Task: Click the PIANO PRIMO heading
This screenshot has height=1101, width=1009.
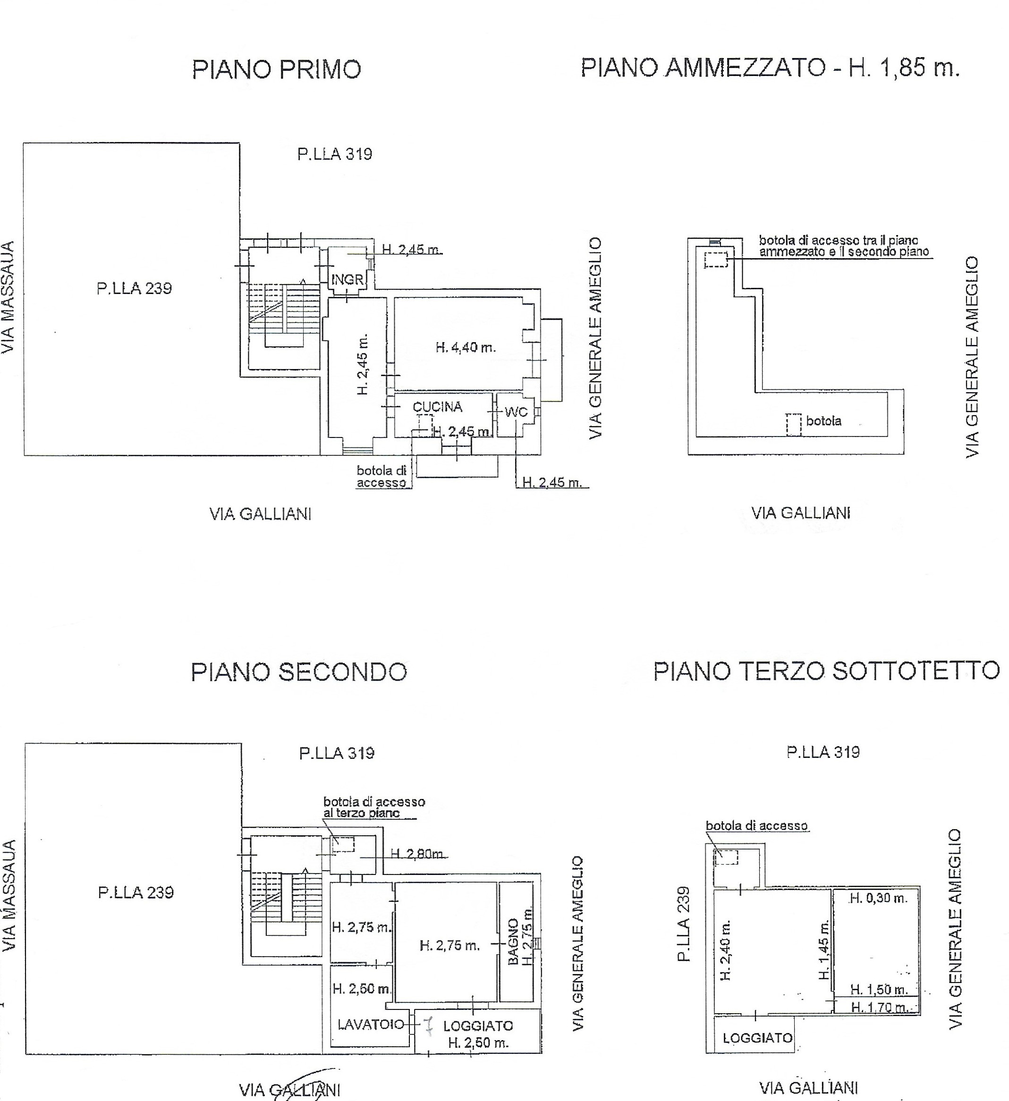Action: pyautogui.click(x=276, y=70)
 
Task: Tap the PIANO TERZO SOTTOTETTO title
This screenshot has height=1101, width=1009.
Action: pyautogui.click(x=827, y=671)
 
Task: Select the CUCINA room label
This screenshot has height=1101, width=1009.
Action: pyautogui.click(x=438, y=407)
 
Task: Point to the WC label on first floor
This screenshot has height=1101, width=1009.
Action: pyautogui.click(x=516, y=412)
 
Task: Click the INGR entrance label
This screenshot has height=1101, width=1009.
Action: pyautogui.click(x=348, y=280)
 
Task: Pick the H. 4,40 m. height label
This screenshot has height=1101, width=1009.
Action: pyautogui.click(x=466, y=347)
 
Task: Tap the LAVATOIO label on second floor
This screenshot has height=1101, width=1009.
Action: pyautogui.click(x=371, y=1025)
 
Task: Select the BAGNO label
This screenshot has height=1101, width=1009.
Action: pyautogui.click(x=513, y=941)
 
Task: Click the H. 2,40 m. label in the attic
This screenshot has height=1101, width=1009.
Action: pyautogui.click(x=726, y=951)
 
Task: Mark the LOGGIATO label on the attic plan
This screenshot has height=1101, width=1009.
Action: pyautogui.click(x=758, y=1038)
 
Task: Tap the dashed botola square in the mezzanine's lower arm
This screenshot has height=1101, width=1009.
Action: pyautogui.click(x=794, y=424)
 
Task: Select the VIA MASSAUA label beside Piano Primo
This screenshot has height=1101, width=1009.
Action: pyautogui.click(x=8, y=298)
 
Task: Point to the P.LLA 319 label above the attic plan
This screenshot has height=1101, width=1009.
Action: pyautogui.click(x=823, y=752)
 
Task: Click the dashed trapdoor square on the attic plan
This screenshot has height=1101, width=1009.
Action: pyautogui.click(x=726, y=857)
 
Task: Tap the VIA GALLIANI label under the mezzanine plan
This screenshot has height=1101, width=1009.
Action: pyautogui.click(x=801, y=513)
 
